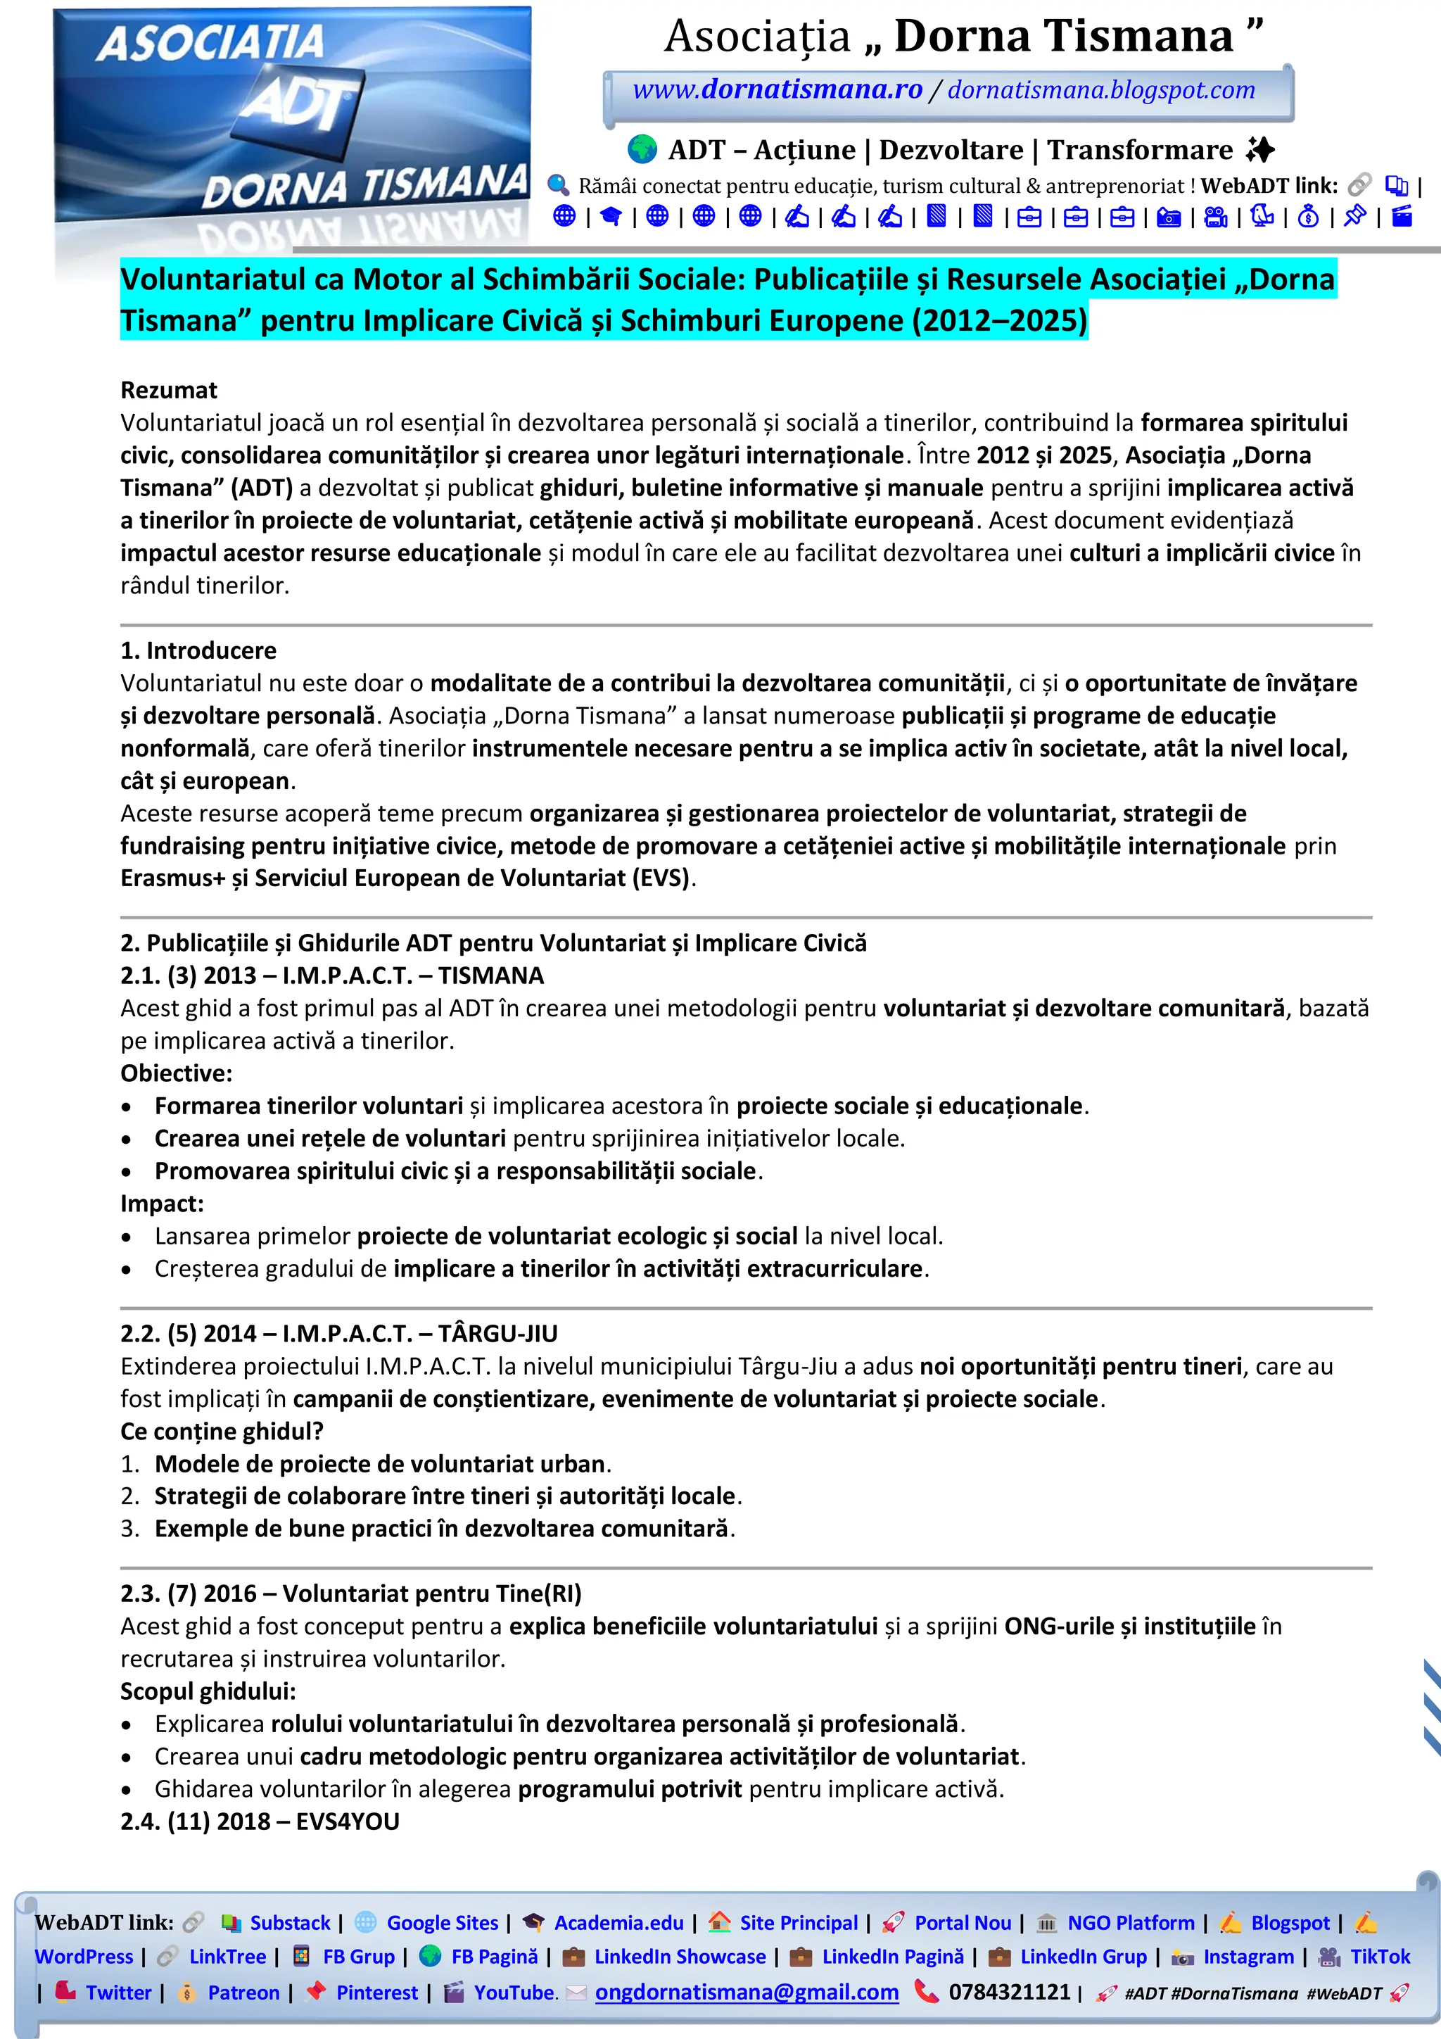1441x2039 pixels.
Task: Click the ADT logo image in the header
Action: pos(293,133)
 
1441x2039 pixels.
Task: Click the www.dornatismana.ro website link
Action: pos(777,89)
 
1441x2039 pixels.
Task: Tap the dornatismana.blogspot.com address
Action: pos(1101,89)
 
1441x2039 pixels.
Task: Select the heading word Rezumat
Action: pos(169,390)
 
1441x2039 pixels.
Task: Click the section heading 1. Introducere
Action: pos(198,650)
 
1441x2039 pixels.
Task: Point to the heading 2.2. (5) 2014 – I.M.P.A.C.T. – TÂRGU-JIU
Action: pos(339,1333)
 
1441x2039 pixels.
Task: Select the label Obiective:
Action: pos(176,1073)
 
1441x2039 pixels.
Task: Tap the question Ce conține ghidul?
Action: pos(222,1431)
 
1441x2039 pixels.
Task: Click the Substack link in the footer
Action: pos(289,1923)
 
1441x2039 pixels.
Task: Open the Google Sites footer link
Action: pos(442,1923)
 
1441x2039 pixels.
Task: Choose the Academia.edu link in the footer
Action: pos(619,1923)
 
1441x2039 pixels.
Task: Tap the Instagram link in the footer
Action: pos(1248,1957)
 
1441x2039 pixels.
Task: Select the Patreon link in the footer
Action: pos(243,1992)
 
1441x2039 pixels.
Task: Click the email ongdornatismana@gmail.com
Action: pos(747,1992)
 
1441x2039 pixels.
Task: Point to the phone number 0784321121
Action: pos(1010,1992)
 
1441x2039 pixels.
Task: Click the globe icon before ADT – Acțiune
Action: pos(642,149)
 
